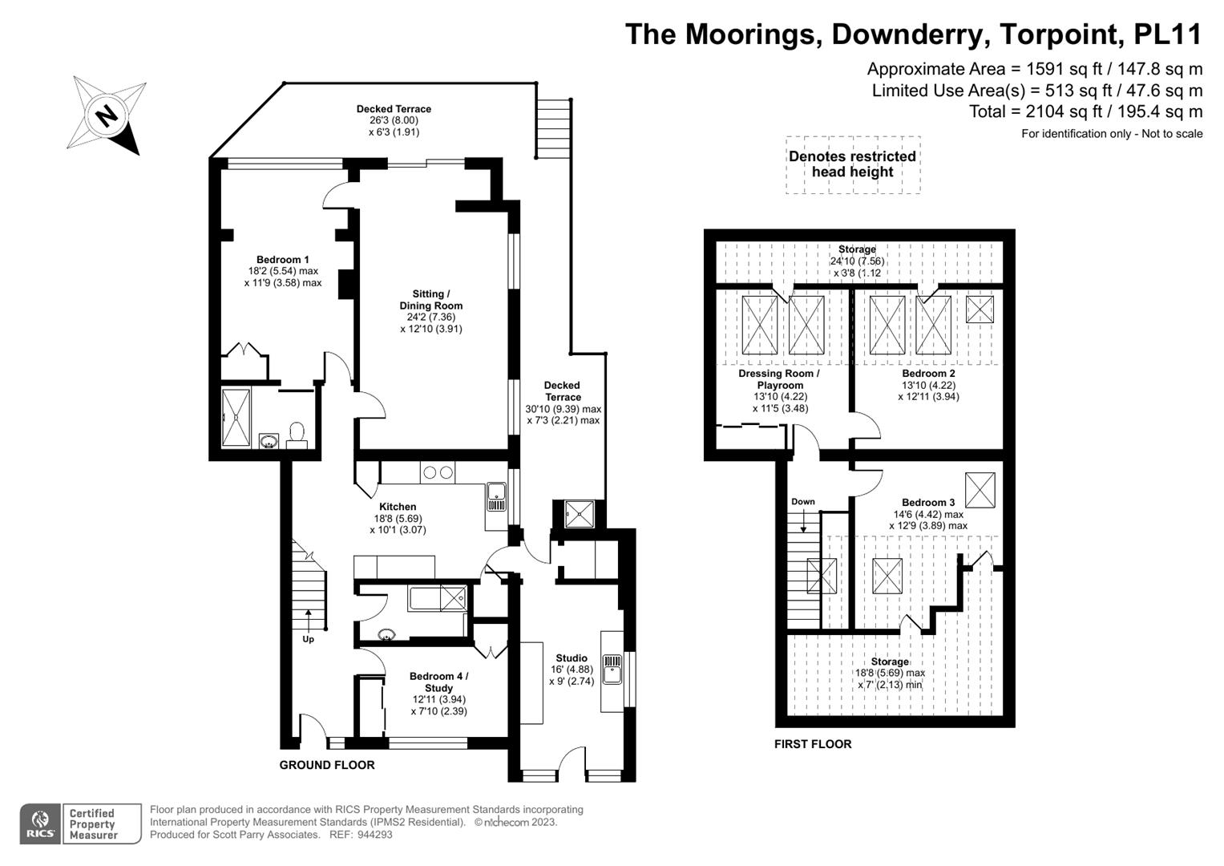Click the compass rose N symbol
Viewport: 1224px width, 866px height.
point(107,115)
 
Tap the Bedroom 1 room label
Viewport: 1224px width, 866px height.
point(282,260)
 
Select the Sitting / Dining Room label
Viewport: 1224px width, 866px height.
point(431,300)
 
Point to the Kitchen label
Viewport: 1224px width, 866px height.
point(398,507)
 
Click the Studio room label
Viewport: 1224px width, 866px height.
point(572,658)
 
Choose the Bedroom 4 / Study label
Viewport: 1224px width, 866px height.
point(438,682)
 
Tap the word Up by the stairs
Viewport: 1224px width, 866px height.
point(308,639)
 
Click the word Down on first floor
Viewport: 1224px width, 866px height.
point(802,501)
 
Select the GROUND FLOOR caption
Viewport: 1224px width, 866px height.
point(327,765)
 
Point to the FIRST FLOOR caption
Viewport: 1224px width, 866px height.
point(813,744)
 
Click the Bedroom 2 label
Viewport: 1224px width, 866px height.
point(928,374)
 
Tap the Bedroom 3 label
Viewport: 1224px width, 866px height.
point(928,503)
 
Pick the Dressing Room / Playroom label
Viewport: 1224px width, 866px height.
point(779,379)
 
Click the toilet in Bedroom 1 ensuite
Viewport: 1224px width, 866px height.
point(297,434)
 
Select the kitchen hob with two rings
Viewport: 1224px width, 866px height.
point(437,471)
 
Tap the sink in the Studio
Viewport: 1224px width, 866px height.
point(612,670)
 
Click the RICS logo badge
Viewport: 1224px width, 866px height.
point(40,824)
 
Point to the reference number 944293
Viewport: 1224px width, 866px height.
point(375,835)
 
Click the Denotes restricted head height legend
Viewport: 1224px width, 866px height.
point(852,164)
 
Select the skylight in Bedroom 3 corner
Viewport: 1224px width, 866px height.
point(980,490)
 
